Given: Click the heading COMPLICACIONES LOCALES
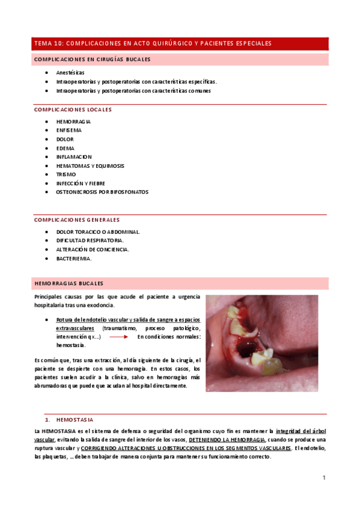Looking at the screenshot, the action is pos(73,109).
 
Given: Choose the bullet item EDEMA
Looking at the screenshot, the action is pos(66,148).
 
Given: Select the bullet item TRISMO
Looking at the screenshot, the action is pos(66,174).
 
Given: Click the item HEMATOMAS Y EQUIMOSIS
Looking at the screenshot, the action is pos(90,165).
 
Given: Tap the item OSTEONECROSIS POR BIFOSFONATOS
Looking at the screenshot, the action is pos(102,192).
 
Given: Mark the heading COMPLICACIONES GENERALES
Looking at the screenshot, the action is pos(77,220).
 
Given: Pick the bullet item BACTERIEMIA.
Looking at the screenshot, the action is pos(74,258).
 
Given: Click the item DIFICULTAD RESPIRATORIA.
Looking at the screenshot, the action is pos(91,240).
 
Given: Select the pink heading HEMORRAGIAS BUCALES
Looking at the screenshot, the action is pos(69,283).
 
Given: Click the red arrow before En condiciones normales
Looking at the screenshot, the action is pos(118,337).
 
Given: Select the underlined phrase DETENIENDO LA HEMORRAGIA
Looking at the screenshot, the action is pos(227,440).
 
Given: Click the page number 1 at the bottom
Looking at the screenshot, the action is pos(324,478).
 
